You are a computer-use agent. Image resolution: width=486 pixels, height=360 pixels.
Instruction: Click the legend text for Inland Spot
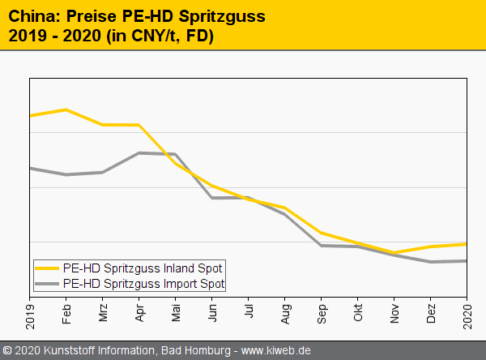coord(143,268)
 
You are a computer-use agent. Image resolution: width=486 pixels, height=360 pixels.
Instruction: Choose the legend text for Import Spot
coord(143,284)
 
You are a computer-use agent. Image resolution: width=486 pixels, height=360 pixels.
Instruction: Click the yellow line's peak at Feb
coord(66,109)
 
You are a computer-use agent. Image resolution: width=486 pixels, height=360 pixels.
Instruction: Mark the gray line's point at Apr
coord(139,152)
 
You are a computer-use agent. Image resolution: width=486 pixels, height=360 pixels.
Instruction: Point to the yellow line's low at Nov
coord(394,252)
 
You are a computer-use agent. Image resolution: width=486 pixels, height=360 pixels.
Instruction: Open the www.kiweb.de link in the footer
coord(276,351)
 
